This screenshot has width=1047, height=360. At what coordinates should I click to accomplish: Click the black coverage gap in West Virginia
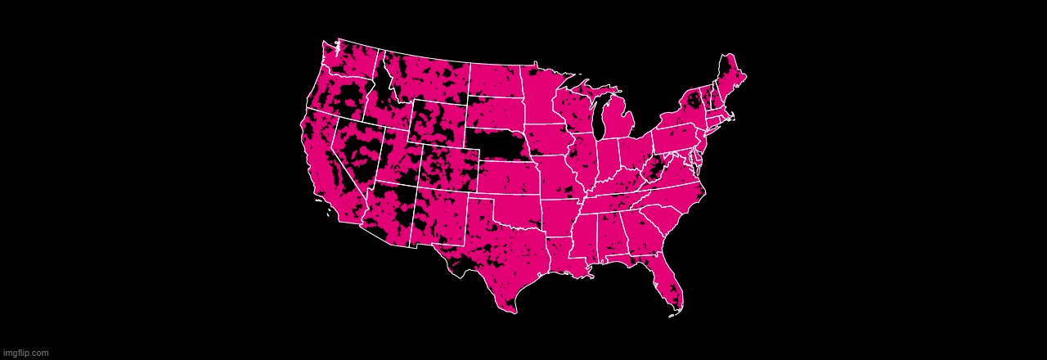(x=654, y=171)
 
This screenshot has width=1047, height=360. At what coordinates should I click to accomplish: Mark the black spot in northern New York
(x=694, y=101)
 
